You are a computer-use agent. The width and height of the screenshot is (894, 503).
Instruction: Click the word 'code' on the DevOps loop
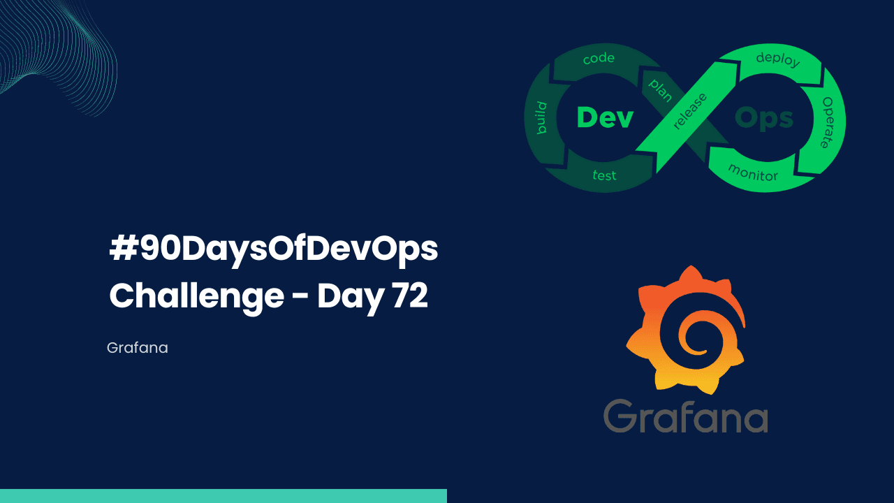pos(599,59)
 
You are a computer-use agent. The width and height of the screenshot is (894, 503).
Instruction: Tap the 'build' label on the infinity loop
pos(541,118)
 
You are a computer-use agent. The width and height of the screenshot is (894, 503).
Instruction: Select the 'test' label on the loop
pos(604,175)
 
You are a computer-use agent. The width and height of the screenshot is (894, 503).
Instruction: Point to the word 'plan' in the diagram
pos(660,89)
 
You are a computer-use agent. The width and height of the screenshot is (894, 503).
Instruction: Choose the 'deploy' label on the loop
pos(777,59)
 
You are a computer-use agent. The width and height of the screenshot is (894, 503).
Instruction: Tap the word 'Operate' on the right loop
pos(827,122)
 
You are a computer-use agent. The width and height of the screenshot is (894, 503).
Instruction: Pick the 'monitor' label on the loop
pos(753,172)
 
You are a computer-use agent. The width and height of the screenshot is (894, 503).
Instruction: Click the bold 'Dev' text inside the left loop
pos(605,117)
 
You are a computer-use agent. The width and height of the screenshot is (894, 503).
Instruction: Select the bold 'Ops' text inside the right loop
pos(764,118)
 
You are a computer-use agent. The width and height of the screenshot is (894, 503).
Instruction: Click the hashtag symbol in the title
pos(123,250)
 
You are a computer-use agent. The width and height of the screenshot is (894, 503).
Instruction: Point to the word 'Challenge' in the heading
pos(196,298)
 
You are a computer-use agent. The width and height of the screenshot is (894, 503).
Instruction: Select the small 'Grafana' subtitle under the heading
pos(138,347)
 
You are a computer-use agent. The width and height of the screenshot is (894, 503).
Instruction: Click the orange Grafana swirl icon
pos(685,328)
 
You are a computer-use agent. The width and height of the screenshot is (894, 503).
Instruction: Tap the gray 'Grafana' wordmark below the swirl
pos(685,416)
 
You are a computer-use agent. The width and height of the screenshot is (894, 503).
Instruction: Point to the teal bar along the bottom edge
pos(223,495)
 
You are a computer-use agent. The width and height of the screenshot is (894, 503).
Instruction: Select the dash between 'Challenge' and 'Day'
pos(300,299)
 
